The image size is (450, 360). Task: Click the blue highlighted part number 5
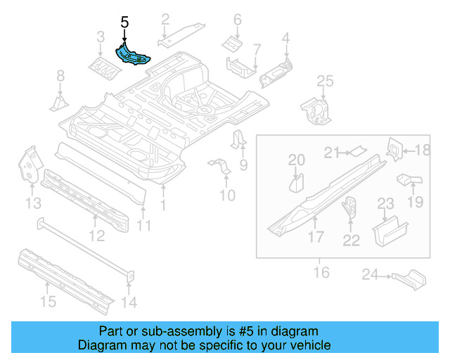coord(133,56)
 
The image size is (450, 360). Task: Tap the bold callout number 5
coord(124,23)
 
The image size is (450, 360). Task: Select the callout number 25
coord(324,83)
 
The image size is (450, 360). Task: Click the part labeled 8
coord(58,103)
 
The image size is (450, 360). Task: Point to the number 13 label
coord(33,204)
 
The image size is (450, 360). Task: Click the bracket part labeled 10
coord(220,168)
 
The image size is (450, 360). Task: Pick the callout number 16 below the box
coord(321,271)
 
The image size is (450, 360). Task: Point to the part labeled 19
coord(409,181)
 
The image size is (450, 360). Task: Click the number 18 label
coord(421,150)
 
